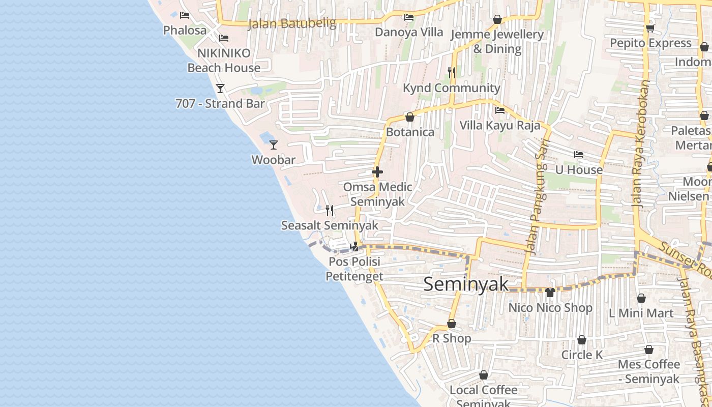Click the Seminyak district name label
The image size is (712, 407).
tap(465, 284)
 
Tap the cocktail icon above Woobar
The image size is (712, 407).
tap(274, 145)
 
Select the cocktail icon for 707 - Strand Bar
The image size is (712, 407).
tap(220, 89)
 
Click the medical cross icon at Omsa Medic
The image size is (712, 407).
tap(377, 172)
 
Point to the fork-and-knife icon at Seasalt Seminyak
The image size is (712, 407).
tap(330, 210)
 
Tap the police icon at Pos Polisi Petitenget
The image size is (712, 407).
tap(354, 247)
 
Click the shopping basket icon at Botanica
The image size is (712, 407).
tap(410, 117)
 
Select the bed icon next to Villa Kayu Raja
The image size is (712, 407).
tap(500, 110)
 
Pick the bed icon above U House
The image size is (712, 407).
tap(579, 155)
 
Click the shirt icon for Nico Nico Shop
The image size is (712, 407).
tap(550, 292)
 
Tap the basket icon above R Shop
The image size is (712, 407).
tap(452, 324)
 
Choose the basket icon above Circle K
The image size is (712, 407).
tap(582, 340)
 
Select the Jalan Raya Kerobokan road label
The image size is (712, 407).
tap(641, 142)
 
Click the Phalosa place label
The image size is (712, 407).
tap(185, 30)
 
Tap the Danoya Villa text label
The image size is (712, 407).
tap(409, 32)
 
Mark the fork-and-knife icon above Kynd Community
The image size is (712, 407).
tap(452, 73)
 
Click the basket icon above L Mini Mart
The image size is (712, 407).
tap(641, 298)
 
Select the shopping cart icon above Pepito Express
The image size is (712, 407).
tap(650, 27)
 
